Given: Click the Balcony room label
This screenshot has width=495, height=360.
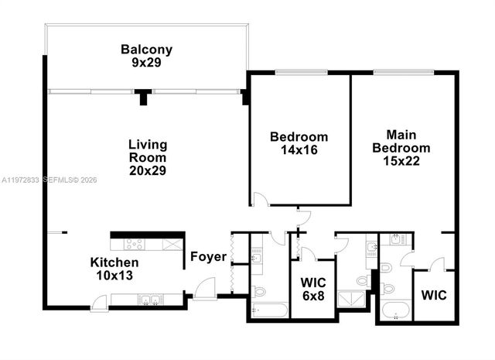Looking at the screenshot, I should tap(146, 50).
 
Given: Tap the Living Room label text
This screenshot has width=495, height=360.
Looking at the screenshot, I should tap(148, 151).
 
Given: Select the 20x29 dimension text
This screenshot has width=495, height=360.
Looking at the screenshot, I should tap(148, 170).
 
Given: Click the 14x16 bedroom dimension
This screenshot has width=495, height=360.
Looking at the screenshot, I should tap(299, 150).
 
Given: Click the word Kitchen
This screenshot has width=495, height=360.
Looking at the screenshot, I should tap(114, 262).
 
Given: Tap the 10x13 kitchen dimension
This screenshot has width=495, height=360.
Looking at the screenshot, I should tap(114, 275).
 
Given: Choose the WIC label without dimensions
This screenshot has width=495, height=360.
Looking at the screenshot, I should tap(434, 295).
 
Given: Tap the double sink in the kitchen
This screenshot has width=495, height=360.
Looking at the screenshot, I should tap(148, 300).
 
